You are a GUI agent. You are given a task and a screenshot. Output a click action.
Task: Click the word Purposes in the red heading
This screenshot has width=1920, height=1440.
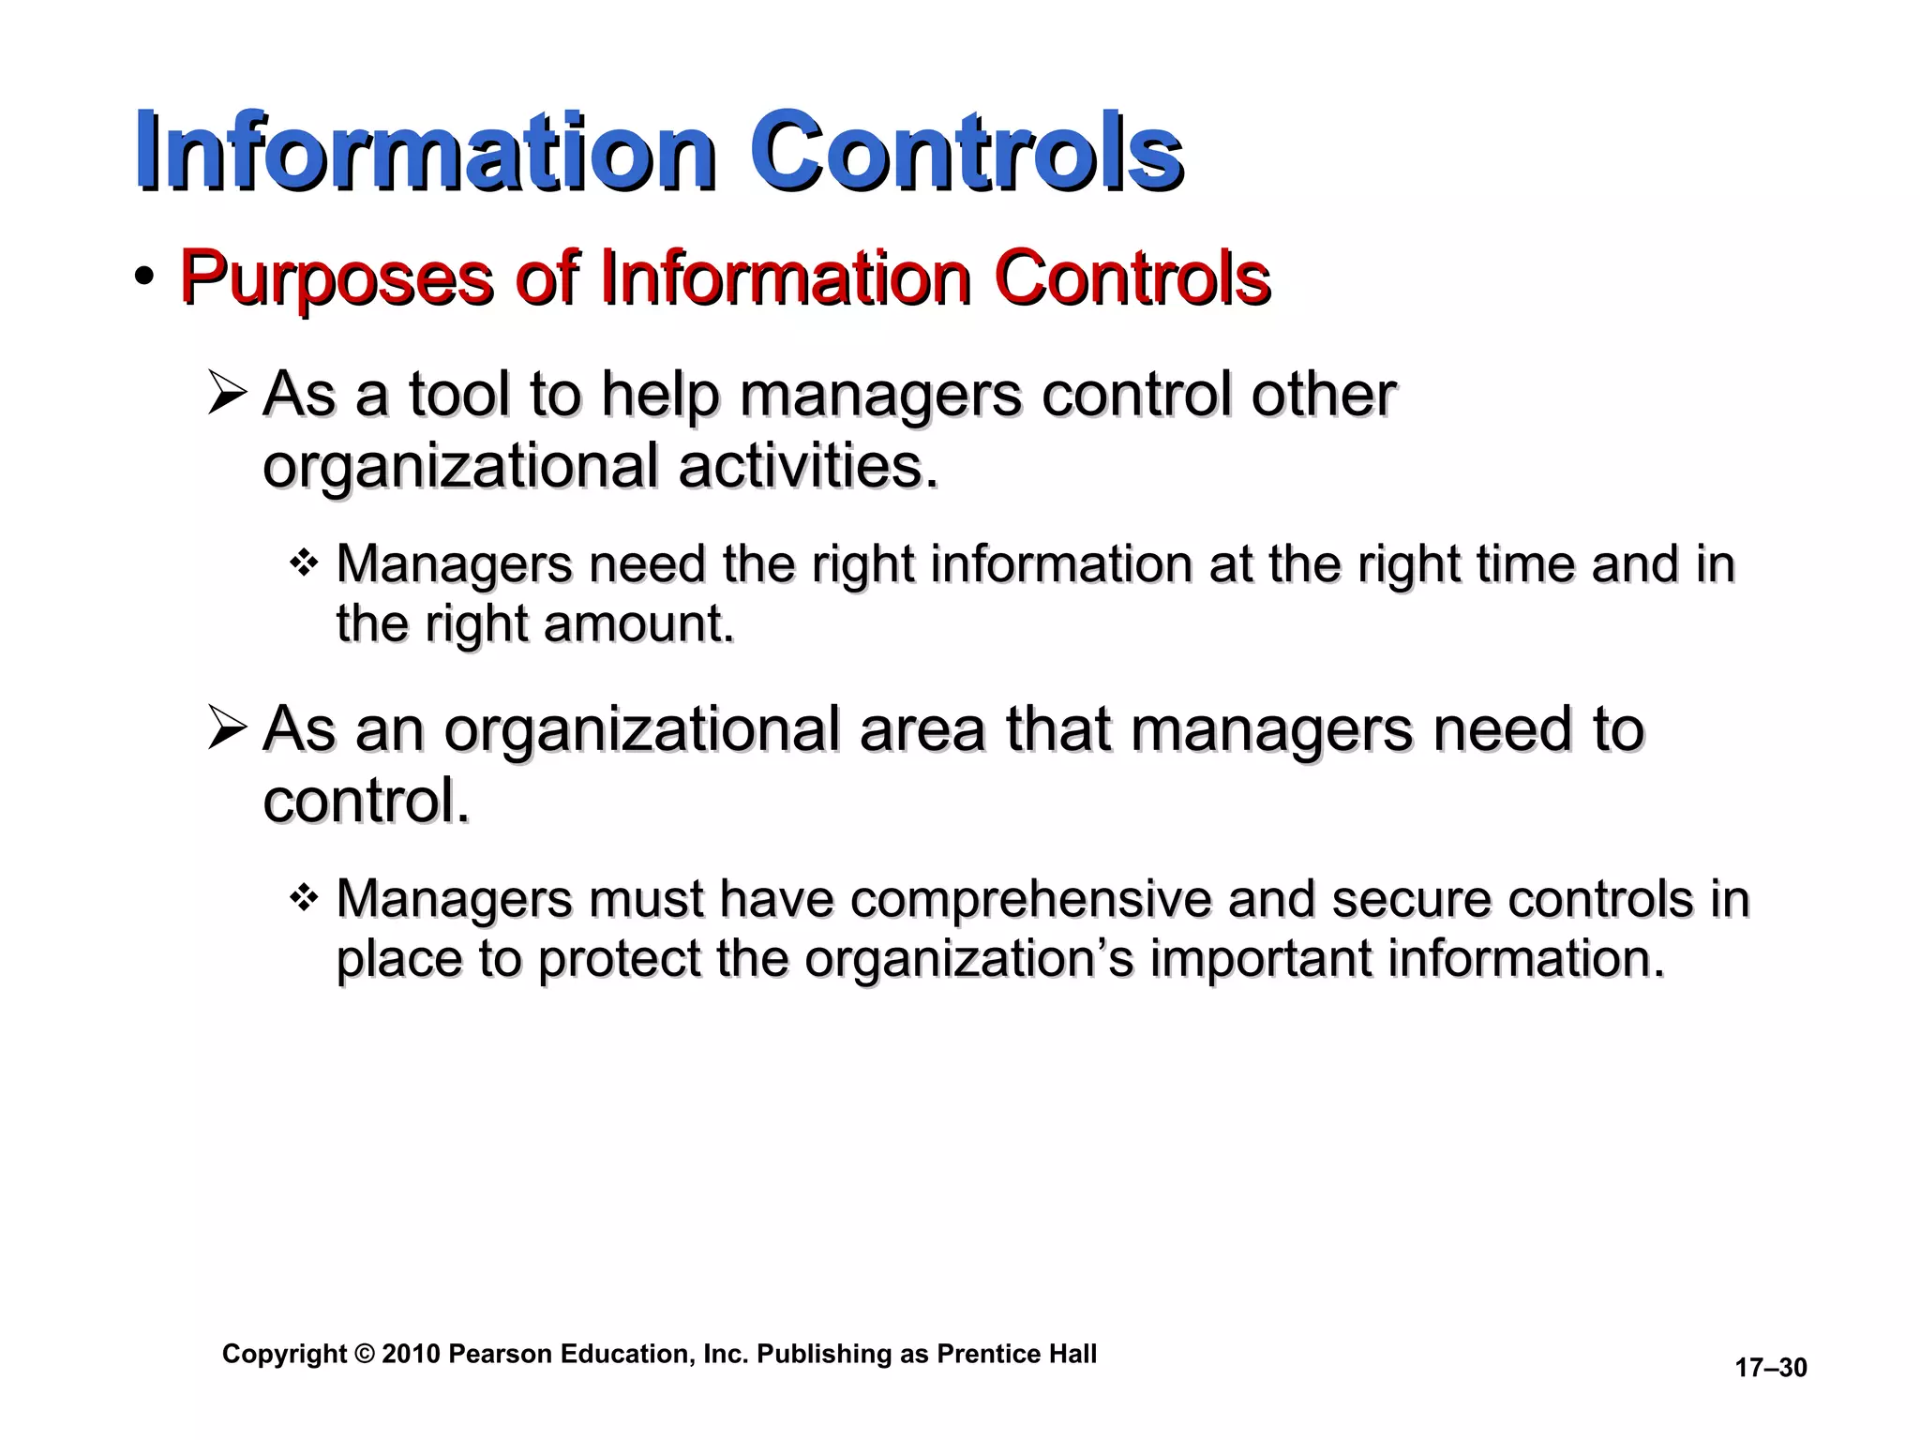pyautogui.click(x=336, y=278)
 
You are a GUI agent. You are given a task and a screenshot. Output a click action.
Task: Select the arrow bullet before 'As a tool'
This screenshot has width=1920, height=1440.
pyautogui.click(x=227, y=393)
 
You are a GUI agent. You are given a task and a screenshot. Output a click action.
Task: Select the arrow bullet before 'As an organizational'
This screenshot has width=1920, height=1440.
pyautogui.click(x=227, y=728)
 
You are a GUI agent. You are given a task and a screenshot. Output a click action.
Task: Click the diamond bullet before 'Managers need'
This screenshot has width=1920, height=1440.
pyautogui.click(x=304, y=563)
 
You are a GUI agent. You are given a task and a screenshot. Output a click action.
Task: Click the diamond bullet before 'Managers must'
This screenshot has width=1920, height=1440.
pyautogui.click(x=304, y=898)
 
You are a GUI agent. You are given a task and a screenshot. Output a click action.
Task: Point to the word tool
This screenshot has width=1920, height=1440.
pyautogui.click(x=458, y=394)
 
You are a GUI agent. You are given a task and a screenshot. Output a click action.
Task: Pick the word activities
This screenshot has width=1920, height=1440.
pyautogui.click(x=807, y=466)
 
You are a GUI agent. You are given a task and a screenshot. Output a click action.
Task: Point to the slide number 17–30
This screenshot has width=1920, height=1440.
pyautogui.click(x=1770, y=1368)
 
